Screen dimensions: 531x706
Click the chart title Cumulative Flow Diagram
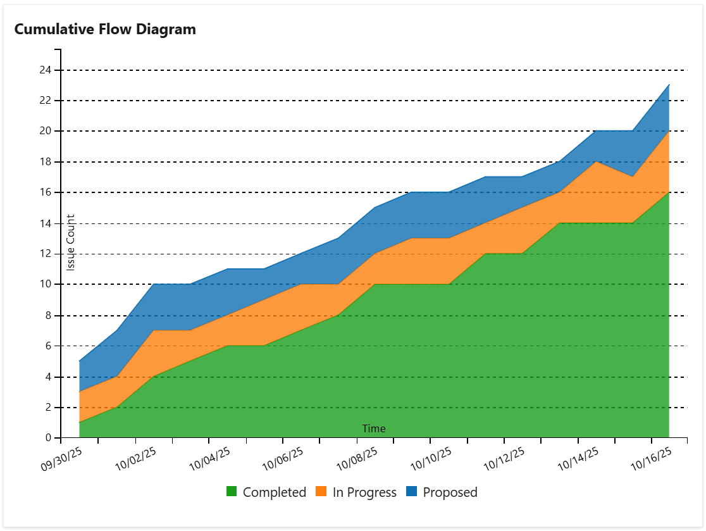tap(105, 29)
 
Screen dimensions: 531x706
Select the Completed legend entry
tap(274, 492)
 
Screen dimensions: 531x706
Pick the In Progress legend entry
tap(364, 492)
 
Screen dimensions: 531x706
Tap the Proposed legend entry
tap(450, 492)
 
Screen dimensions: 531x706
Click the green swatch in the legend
tap(232, 492)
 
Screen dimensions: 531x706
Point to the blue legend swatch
tap(411, 492)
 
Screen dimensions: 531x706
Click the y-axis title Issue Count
tap(71, 242)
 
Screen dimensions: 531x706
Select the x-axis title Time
tap(373, 428)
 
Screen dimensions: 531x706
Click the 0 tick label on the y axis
tap(48, 438)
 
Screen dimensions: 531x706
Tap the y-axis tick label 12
tap(44, 254)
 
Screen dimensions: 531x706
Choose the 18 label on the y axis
tap(44, 162)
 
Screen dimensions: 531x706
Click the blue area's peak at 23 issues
tap(669, 85)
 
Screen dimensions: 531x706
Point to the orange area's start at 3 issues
tap(79, 392)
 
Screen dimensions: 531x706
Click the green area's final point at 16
tap(669, 192)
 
